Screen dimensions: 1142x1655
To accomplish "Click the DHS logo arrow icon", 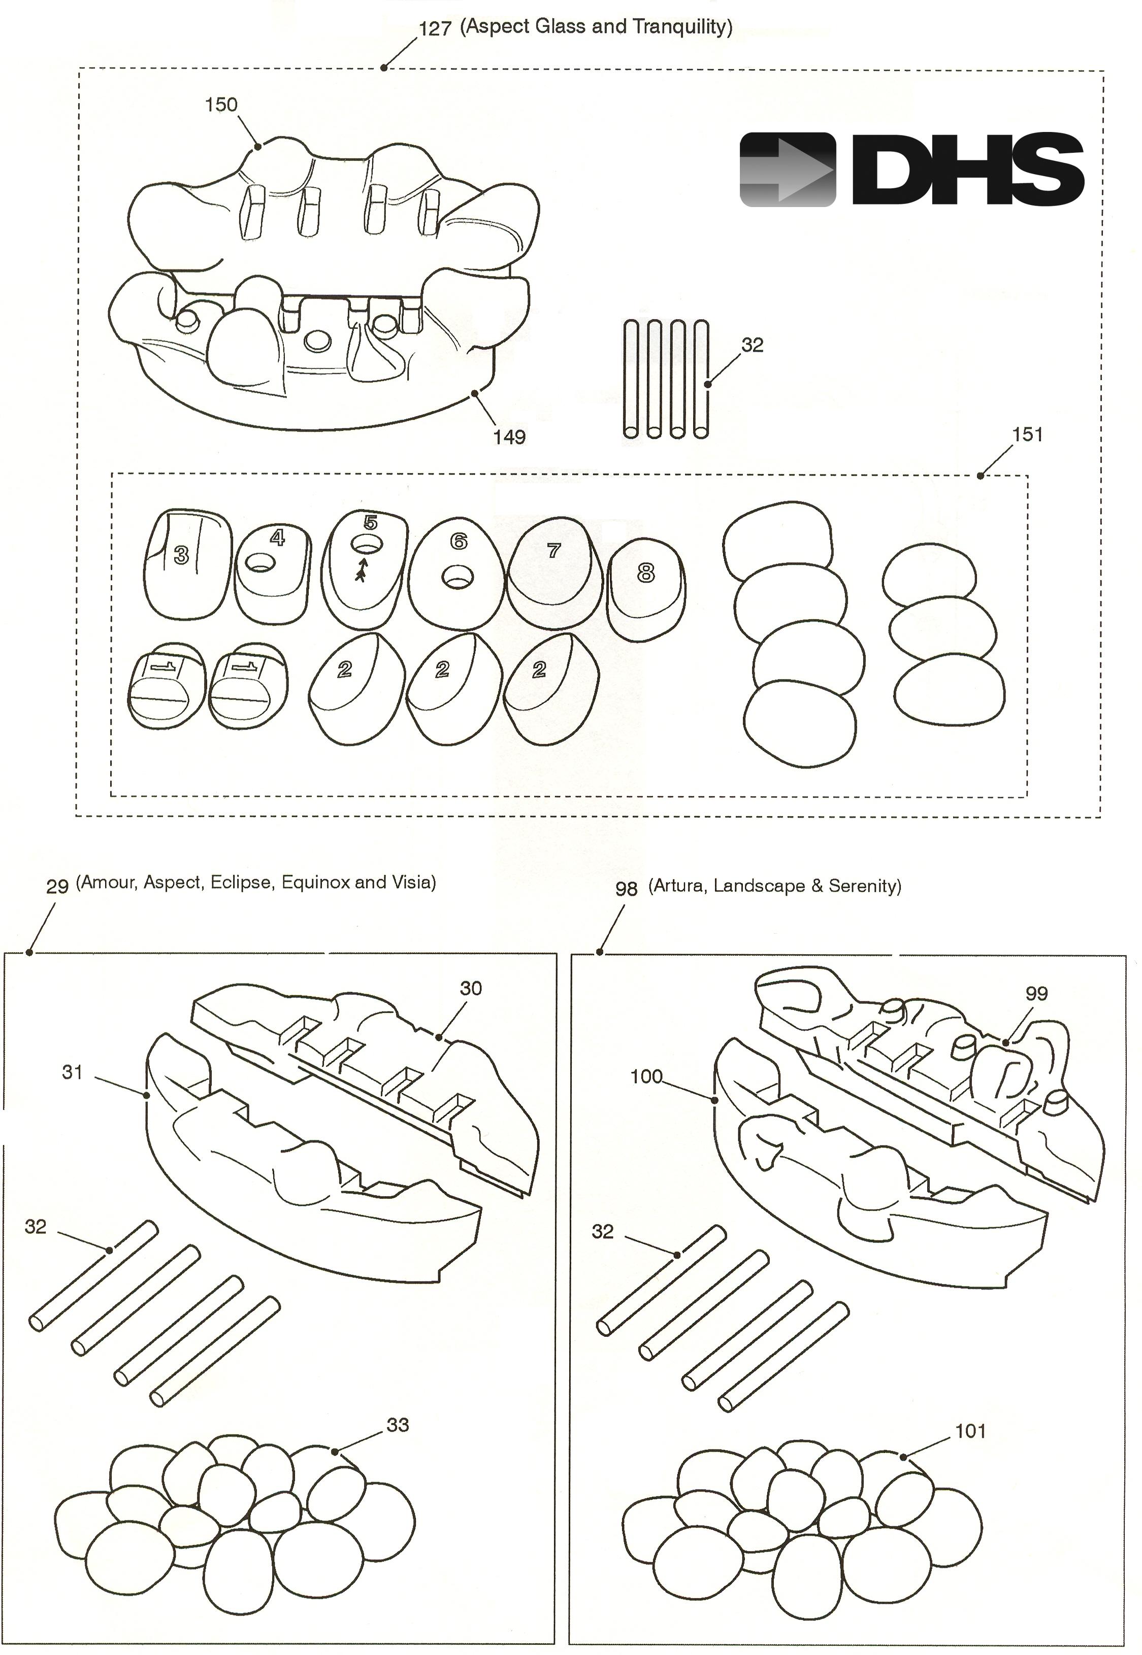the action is [x=787, y=170].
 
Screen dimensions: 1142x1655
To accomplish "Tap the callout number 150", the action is [x=220, y=105].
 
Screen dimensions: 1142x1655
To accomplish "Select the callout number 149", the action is [x=509, y=436].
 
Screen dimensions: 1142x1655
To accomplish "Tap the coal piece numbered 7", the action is [x=551, y=579].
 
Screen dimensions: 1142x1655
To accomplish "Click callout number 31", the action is [x=72, y=1072].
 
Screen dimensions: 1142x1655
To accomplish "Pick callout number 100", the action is [x=646, y=1076].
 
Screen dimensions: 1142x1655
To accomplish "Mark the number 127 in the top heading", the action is [x=435, y=28].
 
